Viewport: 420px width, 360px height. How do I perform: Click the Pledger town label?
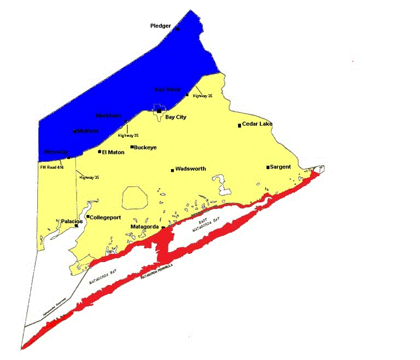point(161,26)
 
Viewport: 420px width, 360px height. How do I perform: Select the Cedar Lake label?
point(257,124)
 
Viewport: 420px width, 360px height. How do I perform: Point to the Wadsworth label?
point(191,169)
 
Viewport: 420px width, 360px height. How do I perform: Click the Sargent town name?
point(281,166)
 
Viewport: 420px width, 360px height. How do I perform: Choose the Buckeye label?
point(147,147)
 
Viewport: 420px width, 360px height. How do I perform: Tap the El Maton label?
point(113,152)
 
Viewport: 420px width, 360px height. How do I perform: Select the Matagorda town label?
point(144,227)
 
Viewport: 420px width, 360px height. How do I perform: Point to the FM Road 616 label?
point(51,167)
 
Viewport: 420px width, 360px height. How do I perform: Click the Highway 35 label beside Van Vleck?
point(202,96)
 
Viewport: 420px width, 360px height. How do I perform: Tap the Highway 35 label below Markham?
point(128,135)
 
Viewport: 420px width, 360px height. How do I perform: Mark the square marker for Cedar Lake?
point(240,125)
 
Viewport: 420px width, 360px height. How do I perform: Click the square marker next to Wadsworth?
point(173,170)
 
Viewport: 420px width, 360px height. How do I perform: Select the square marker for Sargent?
point(268,167)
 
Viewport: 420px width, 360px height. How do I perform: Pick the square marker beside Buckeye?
point(132,147)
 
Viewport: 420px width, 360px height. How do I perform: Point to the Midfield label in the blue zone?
point(87,131)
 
